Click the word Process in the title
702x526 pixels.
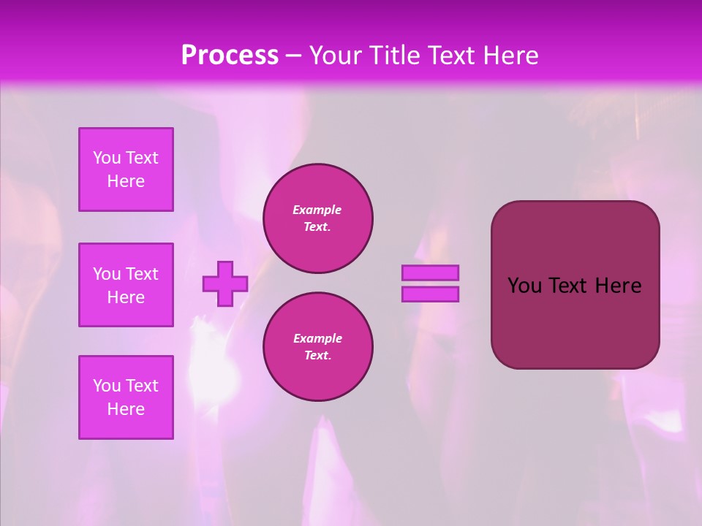(230, 56)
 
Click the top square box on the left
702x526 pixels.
(126, 169)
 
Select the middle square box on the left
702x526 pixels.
(126, 285)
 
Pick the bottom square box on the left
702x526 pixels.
(126, 397)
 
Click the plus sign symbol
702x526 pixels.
(225, 283)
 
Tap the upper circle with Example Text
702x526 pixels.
(318, 218)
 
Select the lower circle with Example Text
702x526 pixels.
(318, 347)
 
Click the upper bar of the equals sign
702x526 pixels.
(430, 272)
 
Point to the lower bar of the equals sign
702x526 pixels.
(430, 294)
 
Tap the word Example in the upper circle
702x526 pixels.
(317, 210)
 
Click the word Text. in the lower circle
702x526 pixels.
(317, 356)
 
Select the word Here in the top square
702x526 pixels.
(126, 181)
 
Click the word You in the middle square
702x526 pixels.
(105, 274)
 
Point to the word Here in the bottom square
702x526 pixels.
(126, 409)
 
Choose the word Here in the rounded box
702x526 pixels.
(618, 286)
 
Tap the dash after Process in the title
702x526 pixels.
(293, 56)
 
